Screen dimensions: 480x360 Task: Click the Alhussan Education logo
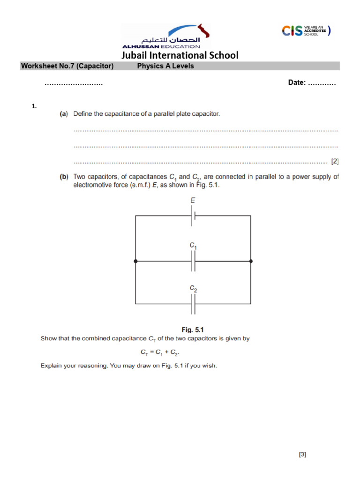click(x=166, y=37)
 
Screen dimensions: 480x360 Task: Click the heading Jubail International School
click(x=180, y=55)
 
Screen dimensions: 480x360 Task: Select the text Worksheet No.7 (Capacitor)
click(x=67, y=66)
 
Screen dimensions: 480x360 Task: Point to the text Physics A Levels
click(x=165, y=66)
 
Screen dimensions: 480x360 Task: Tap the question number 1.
click(x=34, y=106)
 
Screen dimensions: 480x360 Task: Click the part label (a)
click(x=63, y=114)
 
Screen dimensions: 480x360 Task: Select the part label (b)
click(x=63, y=177)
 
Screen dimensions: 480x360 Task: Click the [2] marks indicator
click(x=335, y=161)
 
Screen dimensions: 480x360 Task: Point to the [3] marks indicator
click(x=302, y=454)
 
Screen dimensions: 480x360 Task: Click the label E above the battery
click(x=193, y=200)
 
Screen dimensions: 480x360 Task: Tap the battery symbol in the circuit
click(x=193, y=216)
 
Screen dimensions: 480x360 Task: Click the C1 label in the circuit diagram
click(x=193, y=245)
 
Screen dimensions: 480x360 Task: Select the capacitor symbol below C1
click(x=193, y=262)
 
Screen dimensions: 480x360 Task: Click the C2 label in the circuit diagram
click(x=193, y=290)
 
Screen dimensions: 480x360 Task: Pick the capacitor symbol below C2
click(x=193, y=307)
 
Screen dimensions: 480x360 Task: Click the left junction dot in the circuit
click(x=135, y=262)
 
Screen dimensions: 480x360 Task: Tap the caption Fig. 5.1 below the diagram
click(x=193, y=330)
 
